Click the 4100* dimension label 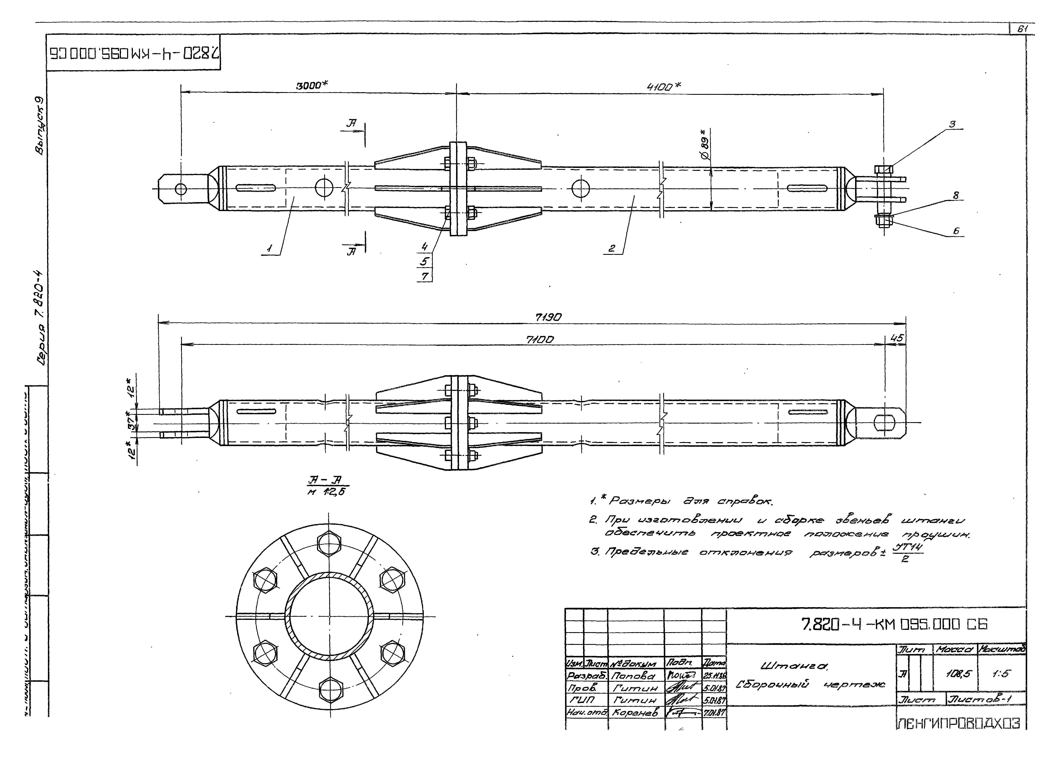(x=663, y=87)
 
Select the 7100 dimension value (x=540, y=340)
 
